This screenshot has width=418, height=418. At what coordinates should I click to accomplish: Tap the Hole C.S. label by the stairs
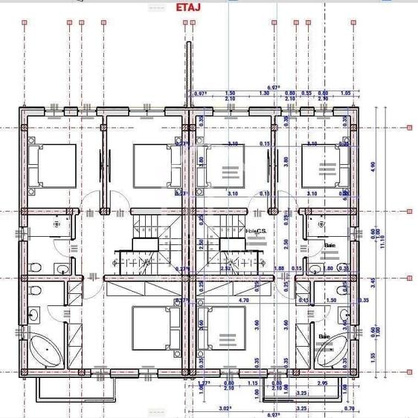pyautogui.click(x=255, y=231)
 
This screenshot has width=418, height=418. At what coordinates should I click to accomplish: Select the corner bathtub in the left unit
pyautogui.click(x=45, y=348)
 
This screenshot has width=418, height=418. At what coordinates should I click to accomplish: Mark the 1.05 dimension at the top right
pyautogui.click(x=345, y=94)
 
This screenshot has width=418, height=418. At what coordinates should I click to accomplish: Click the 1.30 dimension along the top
pyautogui.click(x=264, y=94)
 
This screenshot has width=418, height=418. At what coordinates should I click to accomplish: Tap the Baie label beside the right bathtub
pyautogui.click(x=324, y=336)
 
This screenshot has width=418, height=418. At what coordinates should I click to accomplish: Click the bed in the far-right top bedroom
pyautogui.click(x=327, y=165)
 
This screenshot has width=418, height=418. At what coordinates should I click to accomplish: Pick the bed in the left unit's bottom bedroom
pyautogui.click(x=157, y=327)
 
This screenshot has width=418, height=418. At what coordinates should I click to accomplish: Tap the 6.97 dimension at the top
pyautogui.click(x=272, y=87)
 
